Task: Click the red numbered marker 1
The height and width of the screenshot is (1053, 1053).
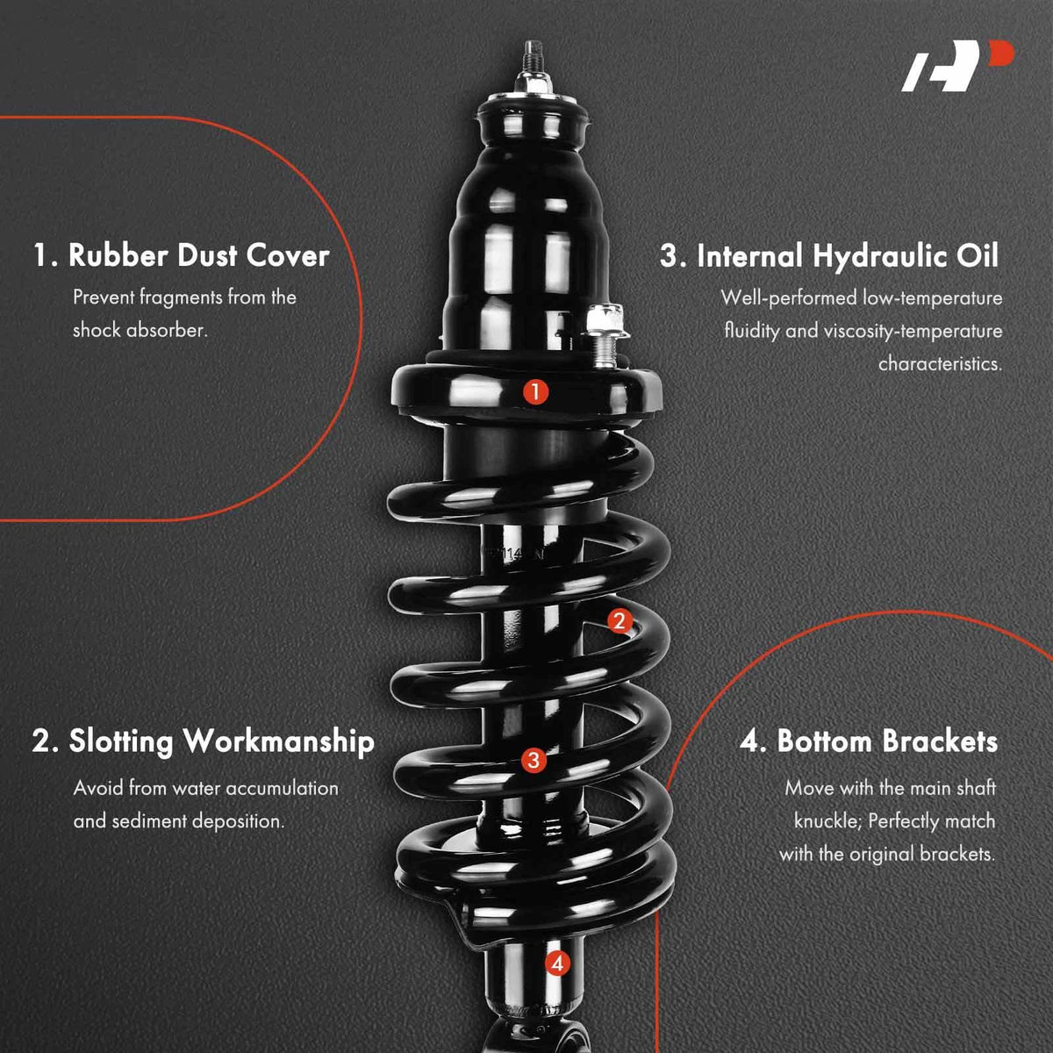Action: click(535, 391)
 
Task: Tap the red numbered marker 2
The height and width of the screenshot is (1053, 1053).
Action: click(620, 621)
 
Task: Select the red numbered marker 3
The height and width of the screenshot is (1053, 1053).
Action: click(534, 760)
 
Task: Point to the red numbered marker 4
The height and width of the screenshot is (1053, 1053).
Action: click(557, 963)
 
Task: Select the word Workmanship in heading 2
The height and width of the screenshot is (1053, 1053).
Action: click(279, 742)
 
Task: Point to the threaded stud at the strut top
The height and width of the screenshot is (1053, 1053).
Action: click(529, 56)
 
